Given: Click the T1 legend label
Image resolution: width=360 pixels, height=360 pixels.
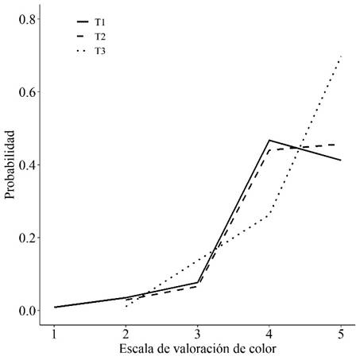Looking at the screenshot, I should click(100, 23).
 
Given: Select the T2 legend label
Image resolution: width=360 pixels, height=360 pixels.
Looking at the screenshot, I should click(100, 37).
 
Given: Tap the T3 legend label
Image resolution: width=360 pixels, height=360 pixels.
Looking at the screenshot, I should click(100, 51).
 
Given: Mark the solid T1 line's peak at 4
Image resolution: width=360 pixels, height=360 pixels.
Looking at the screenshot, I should click(269, 140).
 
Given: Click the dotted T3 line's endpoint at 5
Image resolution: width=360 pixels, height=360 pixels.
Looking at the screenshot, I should click(341, 56).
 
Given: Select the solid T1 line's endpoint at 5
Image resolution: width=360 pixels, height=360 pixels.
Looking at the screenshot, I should click(341, 160).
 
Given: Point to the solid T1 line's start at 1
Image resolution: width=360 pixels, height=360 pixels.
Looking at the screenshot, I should click(54, 307).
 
